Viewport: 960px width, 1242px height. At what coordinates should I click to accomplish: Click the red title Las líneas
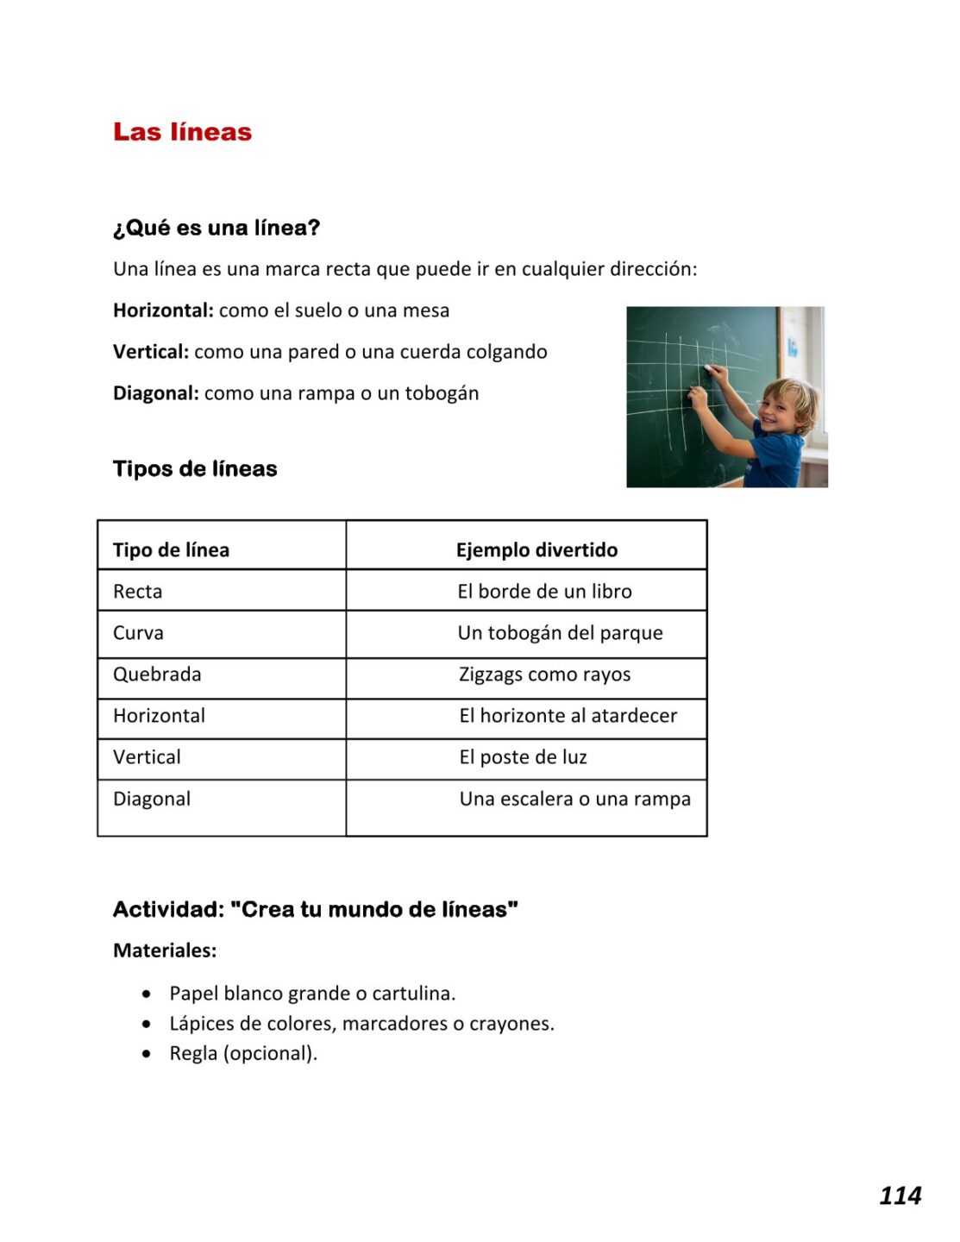pyautogui.click(x=182, y=132)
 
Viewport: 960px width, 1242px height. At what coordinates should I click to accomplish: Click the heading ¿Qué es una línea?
pyautogui.click(x=216, y=228)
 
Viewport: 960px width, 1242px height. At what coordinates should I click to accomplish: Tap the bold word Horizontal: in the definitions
pyautogui.click(x=163, y=310)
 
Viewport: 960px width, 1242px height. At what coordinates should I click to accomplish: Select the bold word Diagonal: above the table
pyautogui.click(x=156, y=393)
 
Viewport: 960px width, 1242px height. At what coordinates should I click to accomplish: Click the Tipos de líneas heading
pyautogui.click(x=195, y=468)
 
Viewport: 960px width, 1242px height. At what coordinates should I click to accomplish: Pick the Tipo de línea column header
pyautogui.click(x=171, y=550)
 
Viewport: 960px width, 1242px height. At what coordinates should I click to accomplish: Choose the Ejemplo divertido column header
pyautogui.click(x=536, y=550)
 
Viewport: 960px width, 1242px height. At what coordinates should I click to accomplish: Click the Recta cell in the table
pyautogui.click(x=138, y=592)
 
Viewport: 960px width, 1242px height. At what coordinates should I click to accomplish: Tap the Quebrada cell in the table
pyautogui.click(x=157, y=674)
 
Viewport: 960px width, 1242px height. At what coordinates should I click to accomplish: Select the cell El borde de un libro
pyautogui.click(x=544, y=592)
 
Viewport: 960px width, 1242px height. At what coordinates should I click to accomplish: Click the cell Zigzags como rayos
pyautogui.click(x=544, y=674)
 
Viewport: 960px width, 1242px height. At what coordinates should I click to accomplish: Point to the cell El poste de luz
pyautogui.click(x=523, y=757)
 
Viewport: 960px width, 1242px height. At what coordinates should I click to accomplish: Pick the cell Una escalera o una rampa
pyautogui.click(x=574, y=799)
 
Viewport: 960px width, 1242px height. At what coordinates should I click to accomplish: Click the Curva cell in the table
pyautogui.click(x=138, y=633)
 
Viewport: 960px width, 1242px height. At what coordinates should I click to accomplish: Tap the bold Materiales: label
pyautogui.click(x=165, y=950)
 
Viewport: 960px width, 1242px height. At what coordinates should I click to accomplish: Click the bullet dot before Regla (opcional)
pyautogui.click(x=147, y=1054)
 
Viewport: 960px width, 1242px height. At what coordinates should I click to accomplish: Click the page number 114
pyautogui.click(x=900, y=1195)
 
